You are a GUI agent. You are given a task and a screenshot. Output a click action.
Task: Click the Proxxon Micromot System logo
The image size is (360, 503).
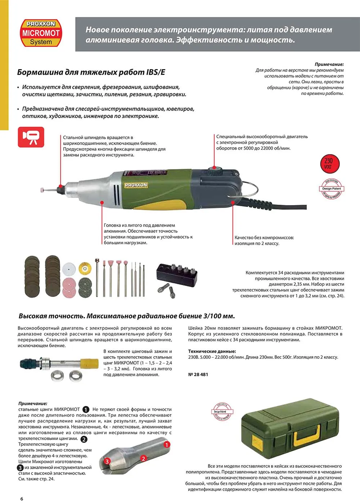coord(40,33)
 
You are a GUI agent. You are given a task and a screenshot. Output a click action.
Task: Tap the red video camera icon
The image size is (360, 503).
coord(31,137)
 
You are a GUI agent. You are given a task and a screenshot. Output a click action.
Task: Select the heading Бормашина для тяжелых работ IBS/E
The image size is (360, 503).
coord(91,72)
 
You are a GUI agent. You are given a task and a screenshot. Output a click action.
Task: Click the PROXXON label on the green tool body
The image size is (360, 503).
coord(136,185)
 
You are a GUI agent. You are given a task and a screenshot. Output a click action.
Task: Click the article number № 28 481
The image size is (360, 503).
coord(198,375)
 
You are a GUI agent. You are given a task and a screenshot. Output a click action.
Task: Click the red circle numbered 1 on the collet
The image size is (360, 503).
coord(167,445)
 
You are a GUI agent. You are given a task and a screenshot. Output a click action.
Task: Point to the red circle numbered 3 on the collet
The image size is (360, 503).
coord(107,461)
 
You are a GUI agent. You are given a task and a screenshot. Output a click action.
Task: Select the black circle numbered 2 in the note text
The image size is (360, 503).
coord(84,439)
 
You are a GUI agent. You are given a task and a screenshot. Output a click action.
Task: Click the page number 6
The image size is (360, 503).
coord(22,499)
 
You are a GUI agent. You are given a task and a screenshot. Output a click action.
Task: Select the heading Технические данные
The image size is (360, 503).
coord(212,351)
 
